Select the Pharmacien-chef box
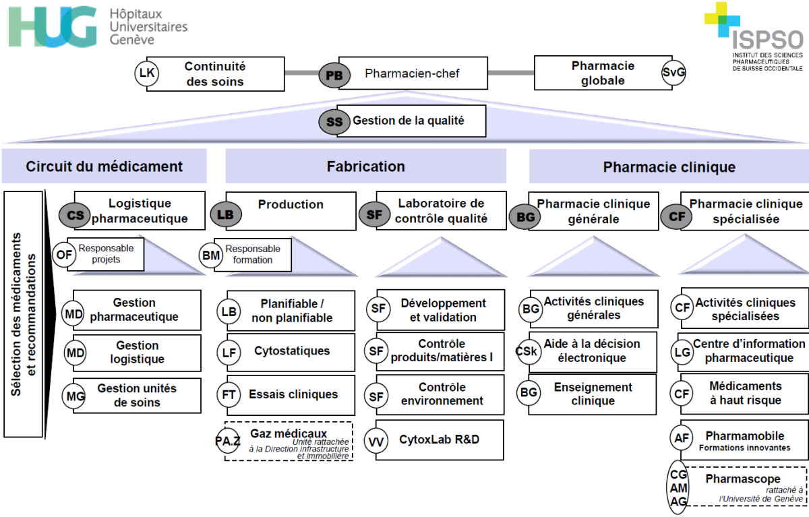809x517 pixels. click(x=413, y=73)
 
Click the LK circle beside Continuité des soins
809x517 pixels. click(x=147, y=73)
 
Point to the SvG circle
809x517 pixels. click(x=673, y=73)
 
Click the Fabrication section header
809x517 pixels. click(x=365, y=166)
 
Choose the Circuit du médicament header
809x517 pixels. click(x=104, y=166)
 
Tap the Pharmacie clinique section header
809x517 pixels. click(x=669, y=166)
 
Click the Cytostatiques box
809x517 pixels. click(x=291, y=352)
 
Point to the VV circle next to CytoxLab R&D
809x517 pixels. click(x=377, y=442)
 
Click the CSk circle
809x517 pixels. click(x=527, y=352)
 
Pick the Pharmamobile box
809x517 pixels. click(x=744, y=439)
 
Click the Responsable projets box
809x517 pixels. click(x=106, y=253)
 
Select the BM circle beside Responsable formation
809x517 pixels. click(x=210, y=255)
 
